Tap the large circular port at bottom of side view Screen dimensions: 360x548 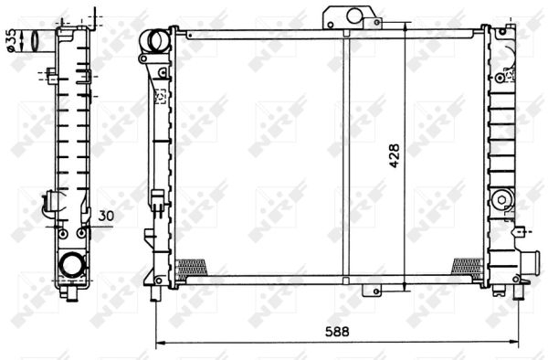pyautogui.click(x=71, y=266)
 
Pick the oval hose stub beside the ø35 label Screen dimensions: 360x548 pyautogui.click(x=35, y=40)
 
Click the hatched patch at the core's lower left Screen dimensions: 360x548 pyautogui.click(x=193, y=266)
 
